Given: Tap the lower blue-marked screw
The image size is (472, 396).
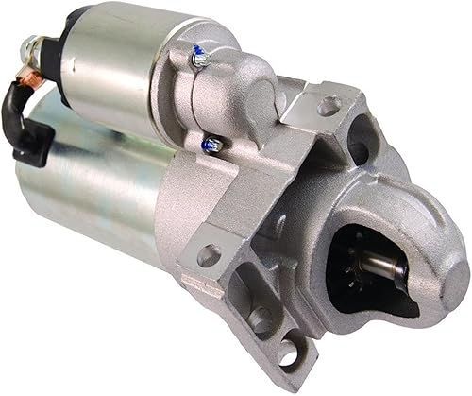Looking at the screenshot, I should pos(213,145).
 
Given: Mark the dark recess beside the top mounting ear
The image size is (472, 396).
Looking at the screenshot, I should pos(359,151).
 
